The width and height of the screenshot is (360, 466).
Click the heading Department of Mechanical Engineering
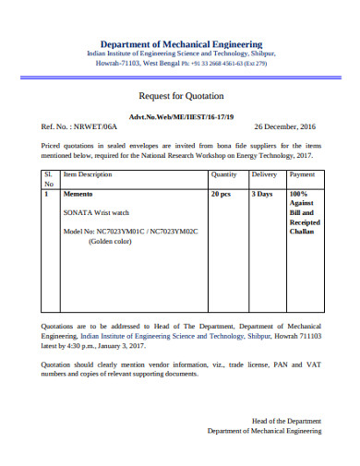pyautogui.click(x=181, y=43)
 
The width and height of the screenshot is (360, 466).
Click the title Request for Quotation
pyautogui.click(x=180, y=96)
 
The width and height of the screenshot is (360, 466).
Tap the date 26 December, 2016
pyautogui.click(x=284, y=126)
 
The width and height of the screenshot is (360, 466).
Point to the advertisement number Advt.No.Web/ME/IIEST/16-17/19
pyautogui.click(x=180, y=116)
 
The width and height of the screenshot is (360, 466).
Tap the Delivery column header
pyautogui.click(x=264, y=173)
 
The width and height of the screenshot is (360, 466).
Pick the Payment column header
pyautogui.click(x=302, y=173)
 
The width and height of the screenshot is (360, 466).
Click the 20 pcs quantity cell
pyautogui.click(x=221, y=195)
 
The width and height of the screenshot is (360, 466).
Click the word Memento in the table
pyautogui.click(x=78, y=195)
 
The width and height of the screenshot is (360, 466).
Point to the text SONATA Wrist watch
pyautogui.click(x=97, y=212)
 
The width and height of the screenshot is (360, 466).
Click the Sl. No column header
pyautogui.click(x=49, y=178)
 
